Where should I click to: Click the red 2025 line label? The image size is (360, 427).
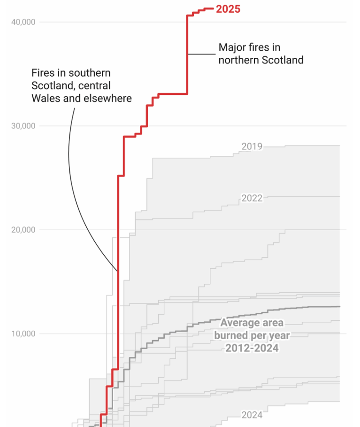point(228,8)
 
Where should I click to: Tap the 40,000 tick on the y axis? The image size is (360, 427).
point(23,22)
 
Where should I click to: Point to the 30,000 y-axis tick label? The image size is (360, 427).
point(23,126)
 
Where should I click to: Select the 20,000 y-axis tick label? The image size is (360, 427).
point(23,230)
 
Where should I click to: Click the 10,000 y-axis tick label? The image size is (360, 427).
point(23,334)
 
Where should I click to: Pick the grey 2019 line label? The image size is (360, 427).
point(252,147)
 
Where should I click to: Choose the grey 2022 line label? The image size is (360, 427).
point(252,198)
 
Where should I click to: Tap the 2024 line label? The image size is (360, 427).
point(252,415)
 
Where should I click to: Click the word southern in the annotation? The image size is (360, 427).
point(89,73)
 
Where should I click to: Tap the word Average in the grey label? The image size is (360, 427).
point(239,323)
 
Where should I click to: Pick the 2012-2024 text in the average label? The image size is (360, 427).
point(252,348)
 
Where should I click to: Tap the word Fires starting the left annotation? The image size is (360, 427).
point(43,73)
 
